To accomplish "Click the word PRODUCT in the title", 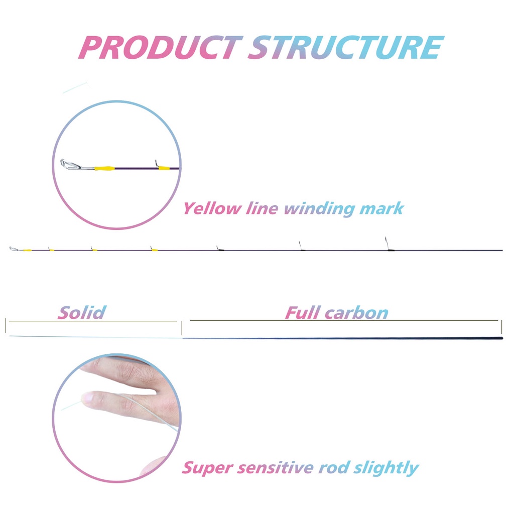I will tap(160, 48).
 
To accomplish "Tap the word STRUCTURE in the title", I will tap(345, 48).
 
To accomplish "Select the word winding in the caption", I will tap(321, 208).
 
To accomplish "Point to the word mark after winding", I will tap(381, 208).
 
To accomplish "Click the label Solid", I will tap(82, 313).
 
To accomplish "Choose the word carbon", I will tap(356, 313).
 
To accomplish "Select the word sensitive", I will tap(276, 468).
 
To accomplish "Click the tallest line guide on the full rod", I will tap(386, 243).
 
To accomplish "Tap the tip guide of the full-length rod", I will tap(13, 248).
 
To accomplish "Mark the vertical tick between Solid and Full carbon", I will tap(182, 328).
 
